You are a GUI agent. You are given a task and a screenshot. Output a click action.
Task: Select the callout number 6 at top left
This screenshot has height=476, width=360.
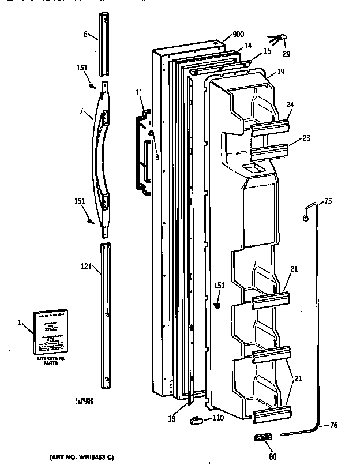tap(85, 35)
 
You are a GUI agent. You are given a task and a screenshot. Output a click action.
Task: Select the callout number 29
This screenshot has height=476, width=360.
tap(286, 54)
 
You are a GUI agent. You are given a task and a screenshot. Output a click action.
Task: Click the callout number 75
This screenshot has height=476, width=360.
tap(327, 201)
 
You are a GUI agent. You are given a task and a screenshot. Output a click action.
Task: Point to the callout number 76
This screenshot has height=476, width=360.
tap(333, 426)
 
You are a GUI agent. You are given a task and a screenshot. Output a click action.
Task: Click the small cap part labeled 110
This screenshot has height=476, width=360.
tap(196, 419)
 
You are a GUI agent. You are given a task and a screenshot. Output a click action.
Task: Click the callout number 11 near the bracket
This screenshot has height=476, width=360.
tap(139, 92)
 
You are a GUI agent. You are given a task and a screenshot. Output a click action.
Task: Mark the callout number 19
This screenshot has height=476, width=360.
tap(280, 73)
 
